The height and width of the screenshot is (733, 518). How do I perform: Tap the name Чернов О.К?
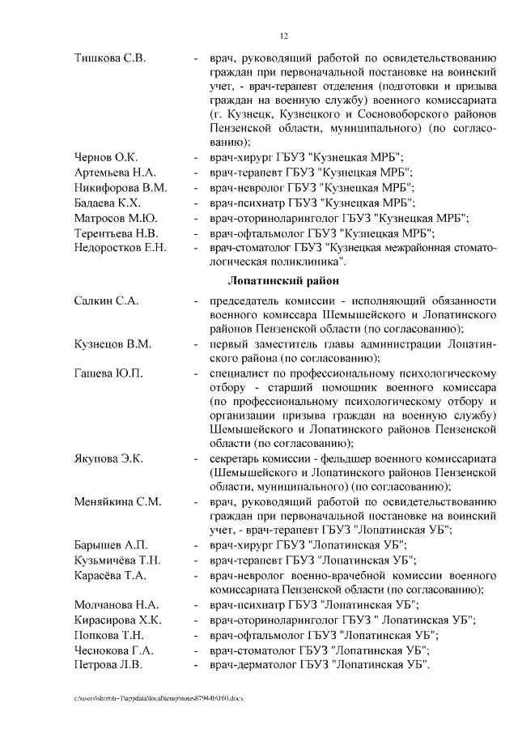pos(106,156)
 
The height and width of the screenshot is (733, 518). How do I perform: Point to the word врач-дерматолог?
pos(250,665)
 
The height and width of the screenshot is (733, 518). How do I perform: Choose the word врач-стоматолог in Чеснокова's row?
pos(250,650)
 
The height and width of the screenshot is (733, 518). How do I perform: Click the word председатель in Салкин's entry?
pos(243,300)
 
